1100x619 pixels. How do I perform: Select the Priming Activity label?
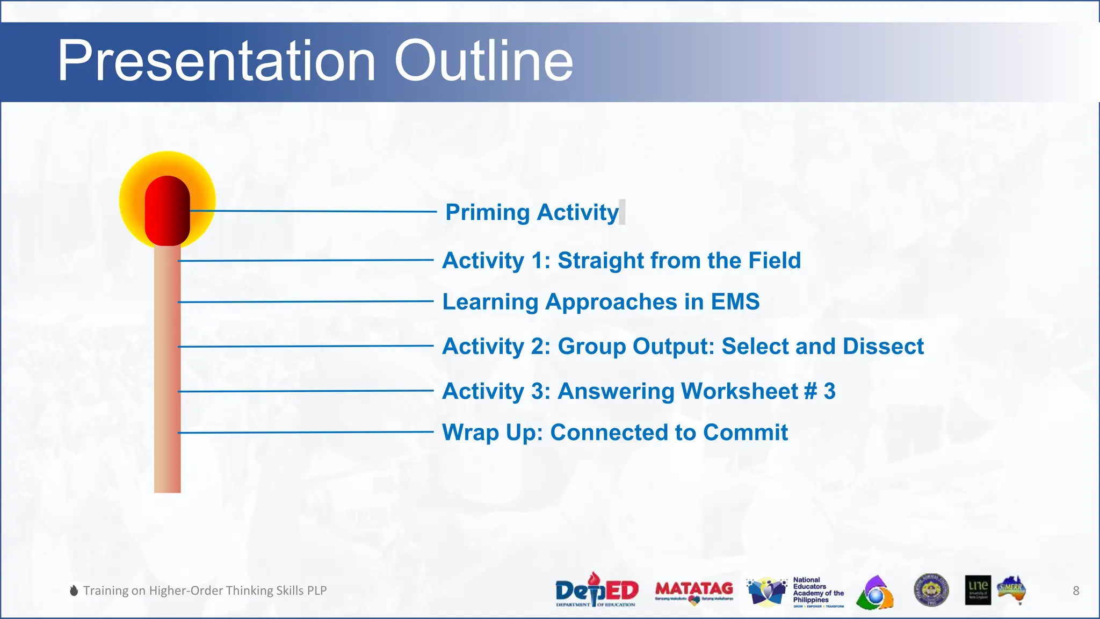pos(532,212)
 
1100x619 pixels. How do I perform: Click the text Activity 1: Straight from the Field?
pos(621,261)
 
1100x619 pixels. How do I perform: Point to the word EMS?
pos(735,301)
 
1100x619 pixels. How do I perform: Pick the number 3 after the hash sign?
pos(829,391)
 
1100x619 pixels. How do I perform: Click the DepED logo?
pos(596,591)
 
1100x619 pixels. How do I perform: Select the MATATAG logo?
pos(694,591)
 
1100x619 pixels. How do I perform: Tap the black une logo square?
pos(978,590)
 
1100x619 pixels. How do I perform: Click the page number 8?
pos(1076,591)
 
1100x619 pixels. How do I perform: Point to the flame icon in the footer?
pos(74,591)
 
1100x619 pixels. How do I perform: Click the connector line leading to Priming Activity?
pos(312,211)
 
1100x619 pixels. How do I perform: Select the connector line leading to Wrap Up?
pos(306,432)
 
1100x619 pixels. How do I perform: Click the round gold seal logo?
pos(931,590)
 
